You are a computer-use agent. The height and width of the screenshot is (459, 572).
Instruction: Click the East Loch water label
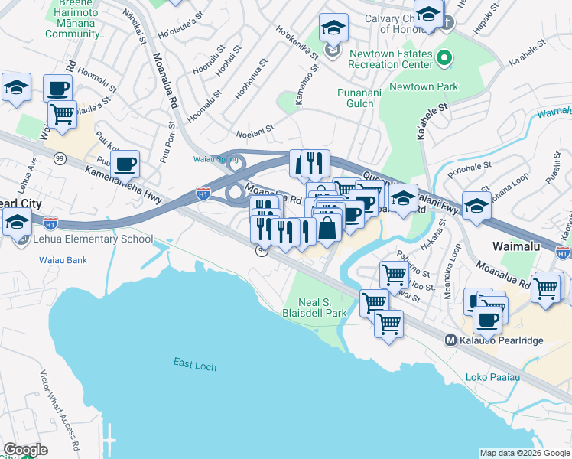(194, 366)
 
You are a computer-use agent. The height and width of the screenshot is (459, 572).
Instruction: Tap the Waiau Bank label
(63, 260)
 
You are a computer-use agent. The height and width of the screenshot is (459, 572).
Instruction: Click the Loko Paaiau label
(492, 377)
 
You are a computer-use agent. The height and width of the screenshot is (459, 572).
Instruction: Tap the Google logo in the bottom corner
(25, 450)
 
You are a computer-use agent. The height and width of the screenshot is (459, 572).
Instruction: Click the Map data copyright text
(525, 453)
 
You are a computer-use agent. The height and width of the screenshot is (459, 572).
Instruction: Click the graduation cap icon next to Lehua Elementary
(17, 223)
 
